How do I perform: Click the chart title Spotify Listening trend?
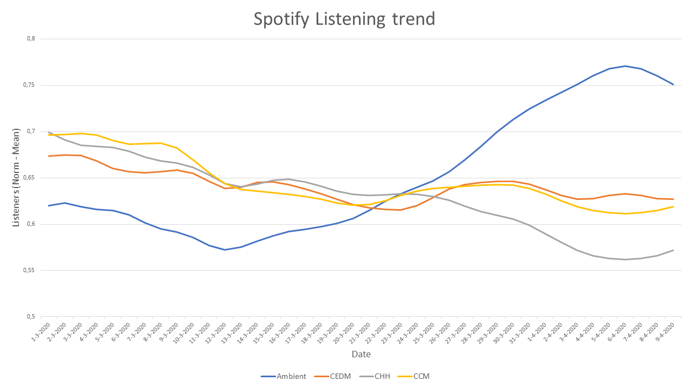click(344, 19)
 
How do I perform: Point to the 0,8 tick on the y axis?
click(30, 39)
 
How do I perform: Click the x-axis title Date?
click(361, 354)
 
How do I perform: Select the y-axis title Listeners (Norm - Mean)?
click(16, 178)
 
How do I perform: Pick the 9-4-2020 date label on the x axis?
click(669, 331)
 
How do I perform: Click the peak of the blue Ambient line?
click(625, 66)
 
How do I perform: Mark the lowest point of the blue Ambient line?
click(224, 250)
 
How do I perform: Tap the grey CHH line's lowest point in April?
click(625, 259)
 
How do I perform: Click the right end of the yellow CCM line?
click(673, 206)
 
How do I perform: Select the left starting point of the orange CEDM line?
click(49, 156)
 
